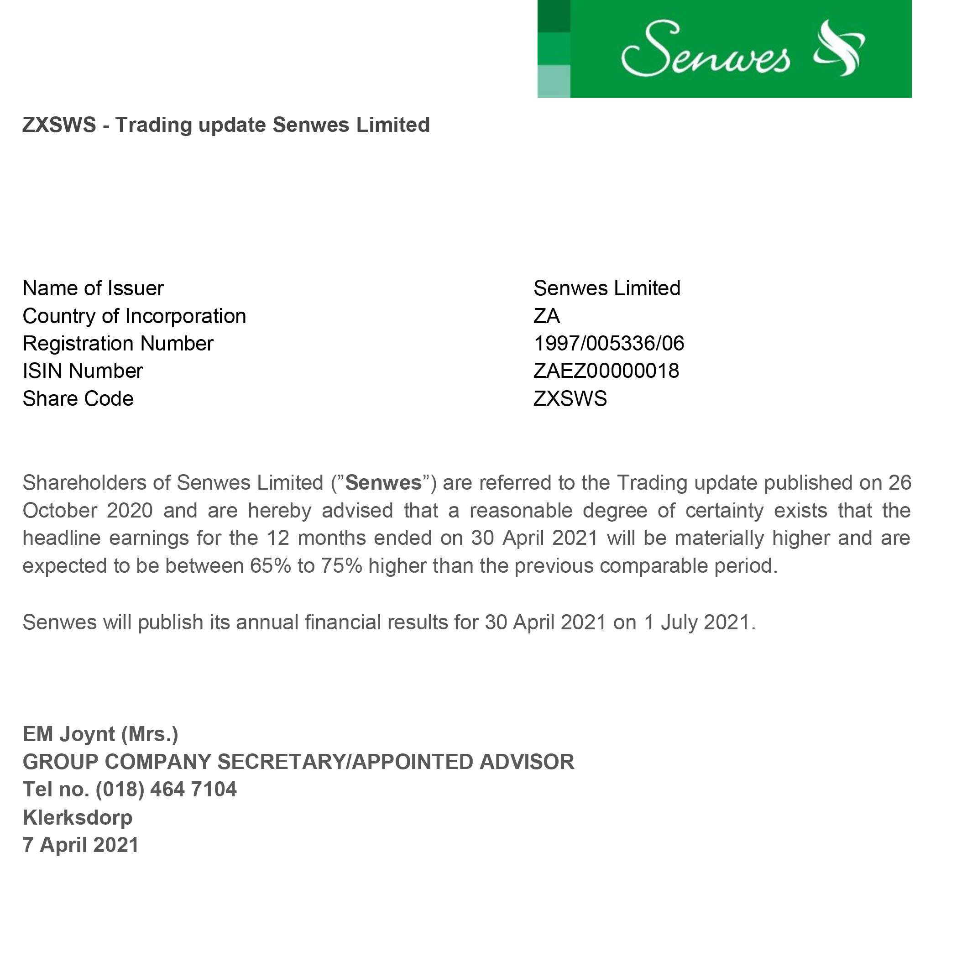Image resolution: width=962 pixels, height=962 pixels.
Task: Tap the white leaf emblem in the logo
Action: [840, 48]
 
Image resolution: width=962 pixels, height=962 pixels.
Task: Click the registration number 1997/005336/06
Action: [608, 344]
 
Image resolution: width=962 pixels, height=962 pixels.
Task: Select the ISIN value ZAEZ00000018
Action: [606, 371]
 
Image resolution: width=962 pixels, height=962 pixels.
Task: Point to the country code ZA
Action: [546, 316]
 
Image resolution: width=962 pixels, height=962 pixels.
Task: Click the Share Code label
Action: [78, 399]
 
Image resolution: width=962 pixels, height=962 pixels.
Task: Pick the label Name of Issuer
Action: [93, 288]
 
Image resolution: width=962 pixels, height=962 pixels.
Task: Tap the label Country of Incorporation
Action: [135, 316]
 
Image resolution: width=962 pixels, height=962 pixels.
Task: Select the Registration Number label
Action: [118, 344]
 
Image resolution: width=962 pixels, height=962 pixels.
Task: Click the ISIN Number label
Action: [83, 371]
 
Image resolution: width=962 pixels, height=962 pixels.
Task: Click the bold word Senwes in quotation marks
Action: [383, 483]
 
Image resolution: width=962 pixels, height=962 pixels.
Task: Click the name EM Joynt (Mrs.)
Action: [100, 734]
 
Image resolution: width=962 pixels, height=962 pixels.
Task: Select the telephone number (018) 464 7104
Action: [166, 789]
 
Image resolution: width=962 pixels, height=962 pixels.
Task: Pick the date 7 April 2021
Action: [81, 845]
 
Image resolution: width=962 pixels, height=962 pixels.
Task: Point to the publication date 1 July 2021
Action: [700, 622]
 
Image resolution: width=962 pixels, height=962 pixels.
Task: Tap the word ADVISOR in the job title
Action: [527, 762]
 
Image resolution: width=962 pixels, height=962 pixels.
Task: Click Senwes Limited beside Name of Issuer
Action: [606, 288]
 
